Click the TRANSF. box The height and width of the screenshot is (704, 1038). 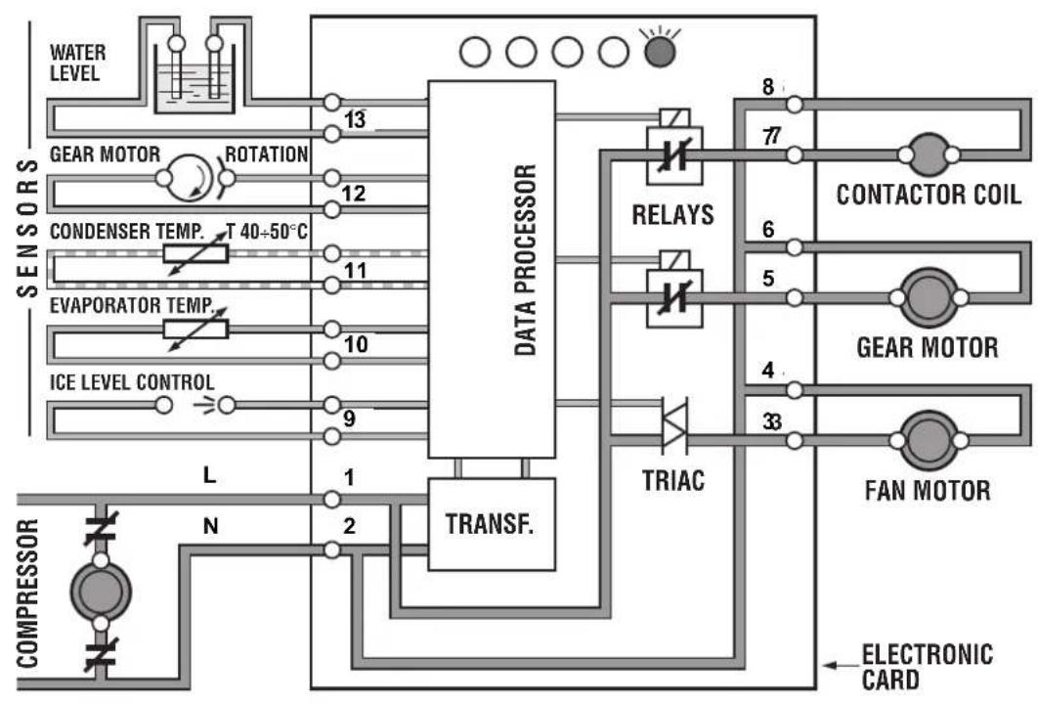[x=492, y=524]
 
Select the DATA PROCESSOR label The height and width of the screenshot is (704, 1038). [x=525, y=260]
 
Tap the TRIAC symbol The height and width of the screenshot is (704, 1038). [x=675, y=425]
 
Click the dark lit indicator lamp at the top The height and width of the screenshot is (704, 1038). [x=660, y=52]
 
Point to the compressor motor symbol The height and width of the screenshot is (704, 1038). [x=101, y=592]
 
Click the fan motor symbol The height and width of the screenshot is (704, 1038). [x=929, y=440]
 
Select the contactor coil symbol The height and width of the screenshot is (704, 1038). [x=929, y=154]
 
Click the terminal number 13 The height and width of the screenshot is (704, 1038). [x=355, y=120]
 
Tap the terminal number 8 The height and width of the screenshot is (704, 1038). [x=768, y=87]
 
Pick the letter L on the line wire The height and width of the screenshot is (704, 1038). [x=209, y=475]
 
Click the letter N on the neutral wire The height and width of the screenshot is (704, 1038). [x=210, y=526]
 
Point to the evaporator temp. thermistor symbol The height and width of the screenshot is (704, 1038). [x=195, y=330]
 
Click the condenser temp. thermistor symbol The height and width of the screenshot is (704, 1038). [x=195, y=253]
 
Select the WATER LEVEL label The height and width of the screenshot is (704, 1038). [x=77, y=63]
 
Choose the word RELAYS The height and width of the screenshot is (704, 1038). [x=673, y=214]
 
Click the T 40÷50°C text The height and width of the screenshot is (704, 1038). [x=267, y=231]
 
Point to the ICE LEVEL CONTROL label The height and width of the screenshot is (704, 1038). [x=132, y=382]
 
